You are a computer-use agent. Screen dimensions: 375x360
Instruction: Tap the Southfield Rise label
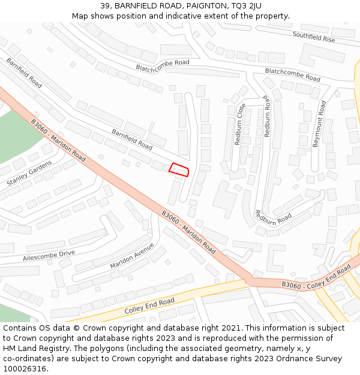(314, 36)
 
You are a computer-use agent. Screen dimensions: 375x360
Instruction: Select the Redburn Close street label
(241, 124)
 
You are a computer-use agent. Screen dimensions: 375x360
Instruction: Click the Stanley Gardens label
(29, 172)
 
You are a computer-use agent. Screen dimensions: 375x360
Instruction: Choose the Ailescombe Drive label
(49, 256)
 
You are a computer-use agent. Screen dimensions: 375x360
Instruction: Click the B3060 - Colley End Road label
(316, 278)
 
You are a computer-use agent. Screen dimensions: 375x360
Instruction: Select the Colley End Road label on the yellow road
(149, 306)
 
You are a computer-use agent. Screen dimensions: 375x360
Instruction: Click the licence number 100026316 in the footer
(25, 369)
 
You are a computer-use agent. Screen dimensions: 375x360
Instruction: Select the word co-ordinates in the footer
(28, 359)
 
